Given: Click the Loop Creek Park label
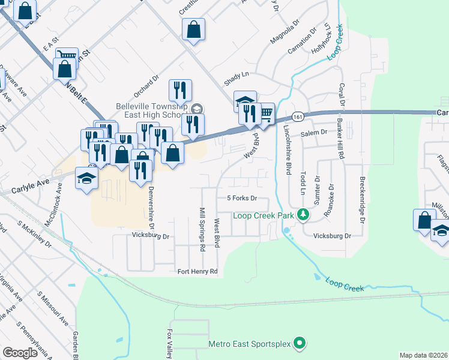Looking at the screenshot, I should click(x=263, y=215).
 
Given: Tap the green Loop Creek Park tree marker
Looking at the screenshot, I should click(x=304, y=214).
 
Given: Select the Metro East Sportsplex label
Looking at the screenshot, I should click(x=249, y=344).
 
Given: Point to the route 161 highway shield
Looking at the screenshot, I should click(x=297, y=116).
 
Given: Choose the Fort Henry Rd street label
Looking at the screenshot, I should click(x=197, y=271).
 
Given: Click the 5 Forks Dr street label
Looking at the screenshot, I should click(x=242, y=198).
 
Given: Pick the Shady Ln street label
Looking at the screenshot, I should click(x=236, y=76).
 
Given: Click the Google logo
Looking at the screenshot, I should click(x=20, y=353).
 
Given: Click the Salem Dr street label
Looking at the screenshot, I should click(x=314, y=132).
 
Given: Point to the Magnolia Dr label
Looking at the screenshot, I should click(x=284, y=34).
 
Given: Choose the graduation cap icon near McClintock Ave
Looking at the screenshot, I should click(x=86, y=179).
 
